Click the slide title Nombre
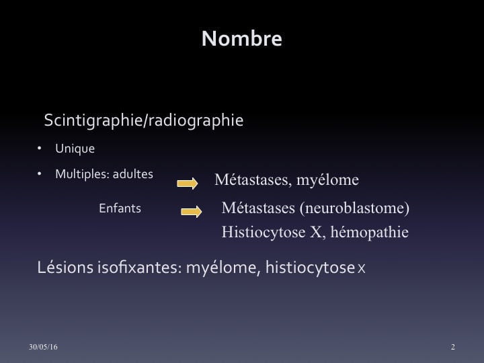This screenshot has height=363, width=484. tap(242, 38)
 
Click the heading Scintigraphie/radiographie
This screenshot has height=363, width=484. tap(144, 120)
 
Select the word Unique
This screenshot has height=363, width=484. tap(75, 149)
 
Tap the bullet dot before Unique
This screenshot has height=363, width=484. tap(39, 149)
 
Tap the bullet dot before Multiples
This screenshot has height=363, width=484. tap(39, 174)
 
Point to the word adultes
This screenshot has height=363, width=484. tap(133, 174)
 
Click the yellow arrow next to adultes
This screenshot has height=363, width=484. tap(188, 184)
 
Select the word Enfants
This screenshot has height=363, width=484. tap(120, 208)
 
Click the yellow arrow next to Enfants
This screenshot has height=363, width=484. tap(192, 212)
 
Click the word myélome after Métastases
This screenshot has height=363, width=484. tap(327, 180)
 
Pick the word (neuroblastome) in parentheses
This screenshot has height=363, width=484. tap(354, 208)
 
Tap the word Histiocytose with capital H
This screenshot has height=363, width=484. tap(264, 232)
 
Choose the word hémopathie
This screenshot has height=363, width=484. tap(370, 233)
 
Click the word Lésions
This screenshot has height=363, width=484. tap(65, 268)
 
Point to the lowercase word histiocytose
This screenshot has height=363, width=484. tap(310, 268)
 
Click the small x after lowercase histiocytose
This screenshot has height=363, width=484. tap(362, 269)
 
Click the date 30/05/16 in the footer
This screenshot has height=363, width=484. tap(43, 347)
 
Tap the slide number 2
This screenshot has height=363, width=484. tap(453, 347)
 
